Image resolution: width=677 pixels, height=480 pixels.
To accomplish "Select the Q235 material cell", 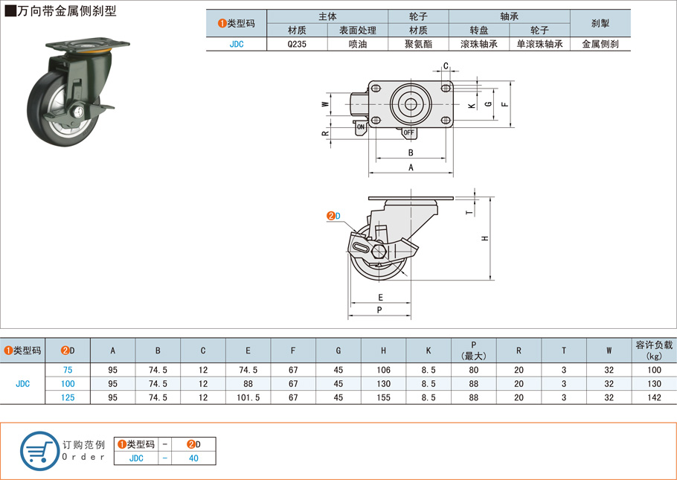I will [x=297, y=44].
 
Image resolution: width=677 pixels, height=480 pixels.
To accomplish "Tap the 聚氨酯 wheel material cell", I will [x=418, y=44].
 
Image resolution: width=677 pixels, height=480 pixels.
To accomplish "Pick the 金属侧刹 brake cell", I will [x=600, y=44].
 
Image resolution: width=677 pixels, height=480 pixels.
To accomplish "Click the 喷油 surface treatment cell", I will [x=357, y=44].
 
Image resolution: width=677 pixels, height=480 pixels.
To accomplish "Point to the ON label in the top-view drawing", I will [x=361, y=127].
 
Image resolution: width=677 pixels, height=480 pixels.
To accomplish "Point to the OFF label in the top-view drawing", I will [x=408, y=132].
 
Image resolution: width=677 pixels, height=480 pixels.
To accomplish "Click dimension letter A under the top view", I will [x=411, y=168].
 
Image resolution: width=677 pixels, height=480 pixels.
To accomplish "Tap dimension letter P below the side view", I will [x=379, y=309].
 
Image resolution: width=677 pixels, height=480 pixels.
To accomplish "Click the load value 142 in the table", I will [x=653, y=397].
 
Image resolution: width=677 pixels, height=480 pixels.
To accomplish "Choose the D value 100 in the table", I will [x=68, y=383].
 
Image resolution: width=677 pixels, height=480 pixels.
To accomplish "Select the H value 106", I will [x=383, y=370].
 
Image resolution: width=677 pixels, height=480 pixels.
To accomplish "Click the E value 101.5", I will [x=248, y=397].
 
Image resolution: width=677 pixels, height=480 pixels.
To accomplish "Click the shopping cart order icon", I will [x=39, y=450].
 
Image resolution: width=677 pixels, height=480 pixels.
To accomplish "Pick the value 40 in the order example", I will [x=193, y=458].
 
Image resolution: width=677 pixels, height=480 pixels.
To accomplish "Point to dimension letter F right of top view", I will [x=505, y=104].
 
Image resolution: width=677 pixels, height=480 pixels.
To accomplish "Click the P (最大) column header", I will [x=473, y=350].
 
